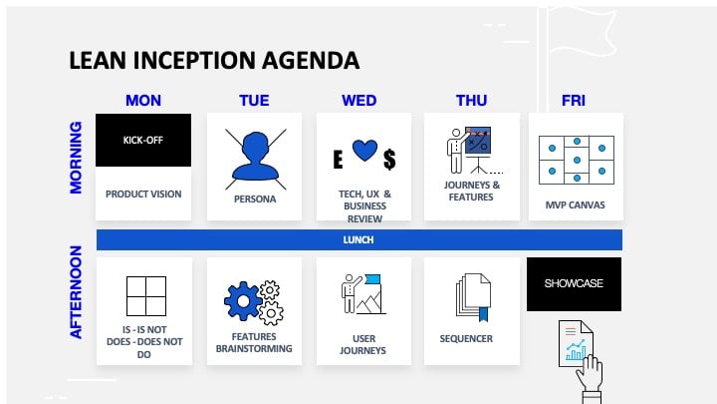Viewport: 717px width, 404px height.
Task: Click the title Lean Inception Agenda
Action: coord(213,61)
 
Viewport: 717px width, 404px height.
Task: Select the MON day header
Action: coord(143,101)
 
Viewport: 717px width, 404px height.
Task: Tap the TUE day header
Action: coord(254,101)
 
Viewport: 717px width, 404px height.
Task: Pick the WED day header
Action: coord(358,101)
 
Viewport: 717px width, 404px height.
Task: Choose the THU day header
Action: coord(471,101)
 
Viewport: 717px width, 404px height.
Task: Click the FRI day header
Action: coord(573,101)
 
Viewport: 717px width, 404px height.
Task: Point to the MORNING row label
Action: coord(76,158)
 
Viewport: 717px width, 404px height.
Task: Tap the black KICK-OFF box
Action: coord(143,140)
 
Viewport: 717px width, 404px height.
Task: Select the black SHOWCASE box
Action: coord(574,283)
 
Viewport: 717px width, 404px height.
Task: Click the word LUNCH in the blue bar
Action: coord(358,239)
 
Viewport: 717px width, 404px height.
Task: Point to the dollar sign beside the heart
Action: coord(389,158)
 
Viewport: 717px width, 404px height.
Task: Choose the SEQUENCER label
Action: coord(466,338)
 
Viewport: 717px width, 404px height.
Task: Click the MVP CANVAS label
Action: coord(575,205)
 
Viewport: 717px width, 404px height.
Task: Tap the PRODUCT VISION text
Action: coord(144,194)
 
